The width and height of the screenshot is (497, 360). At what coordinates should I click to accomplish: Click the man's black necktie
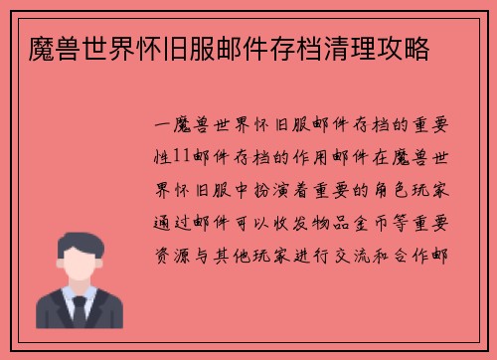coord(79,312)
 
